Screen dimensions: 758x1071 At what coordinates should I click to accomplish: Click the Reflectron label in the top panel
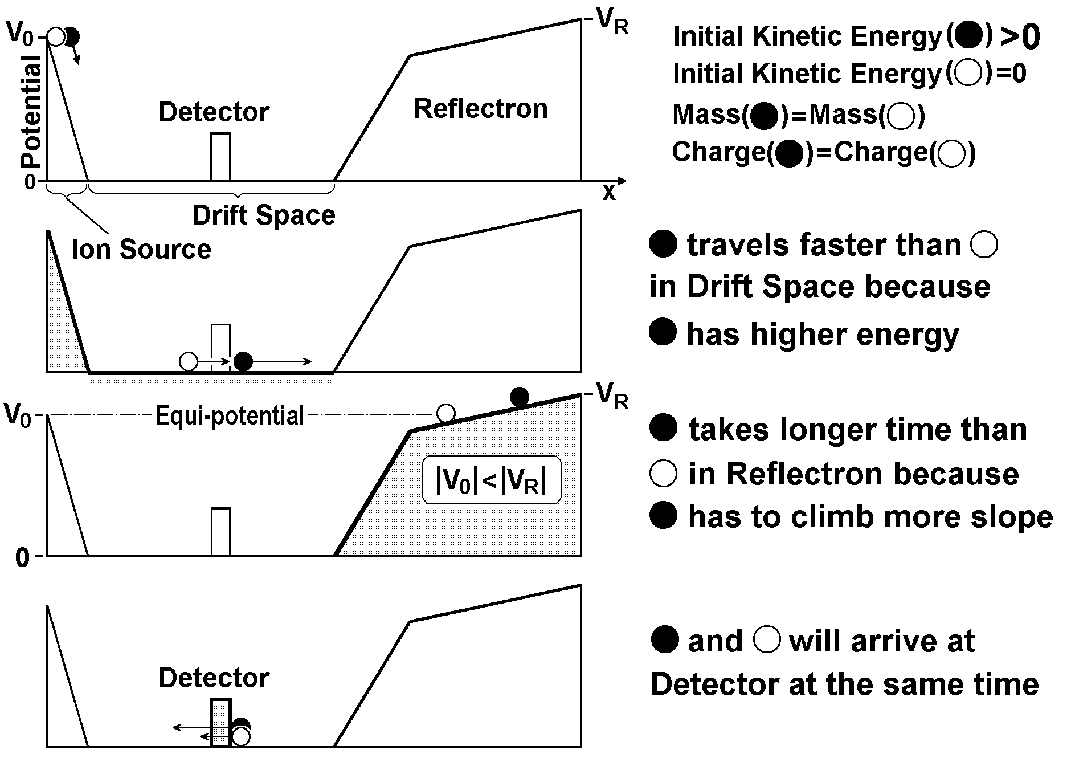click(x=480, y=109)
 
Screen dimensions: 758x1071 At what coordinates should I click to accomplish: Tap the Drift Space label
click(x=264, y=215)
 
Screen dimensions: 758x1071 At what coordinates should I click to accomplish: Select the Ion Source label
click(x=141, y=250)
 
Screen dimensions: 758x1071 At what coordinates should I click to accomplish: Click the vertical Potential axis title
click(x=31, y=111)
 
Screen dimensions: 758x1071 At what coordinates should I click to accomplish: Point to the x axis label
click(x=609, y=193)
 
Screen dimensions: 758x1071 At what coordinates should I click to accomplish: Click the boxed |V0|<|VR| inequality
click(x=491, y=480)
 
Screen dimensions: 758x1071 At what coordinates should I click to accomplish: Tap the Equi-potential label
click(x=230, y=416)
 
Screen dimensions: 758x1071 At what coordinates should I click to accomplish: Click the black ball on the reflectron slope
click(x=519, y=397)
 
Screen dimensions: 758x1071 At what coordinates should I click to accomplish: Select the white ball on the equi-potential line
click(x=445, y=413)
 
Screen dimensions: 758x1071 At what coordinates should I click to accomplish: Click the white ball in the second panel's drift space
click(x=189, y=361)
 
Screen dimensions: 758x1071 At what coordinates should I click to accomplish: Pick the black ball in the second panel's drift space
click(x=243, y=361)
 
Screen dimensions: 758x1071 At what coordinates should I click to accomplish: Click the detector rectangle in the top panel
click(x=221, y=157)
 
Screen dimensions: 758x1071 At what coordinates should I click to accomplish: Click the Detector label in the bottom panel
click(x=214, y=678)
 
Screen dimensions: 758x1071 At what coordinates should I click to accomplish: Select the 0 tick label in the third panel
click(x=22, y=558)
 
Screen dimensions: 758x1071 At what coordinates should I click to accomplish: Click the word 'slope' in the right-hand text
click(x=1013, y=517)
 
